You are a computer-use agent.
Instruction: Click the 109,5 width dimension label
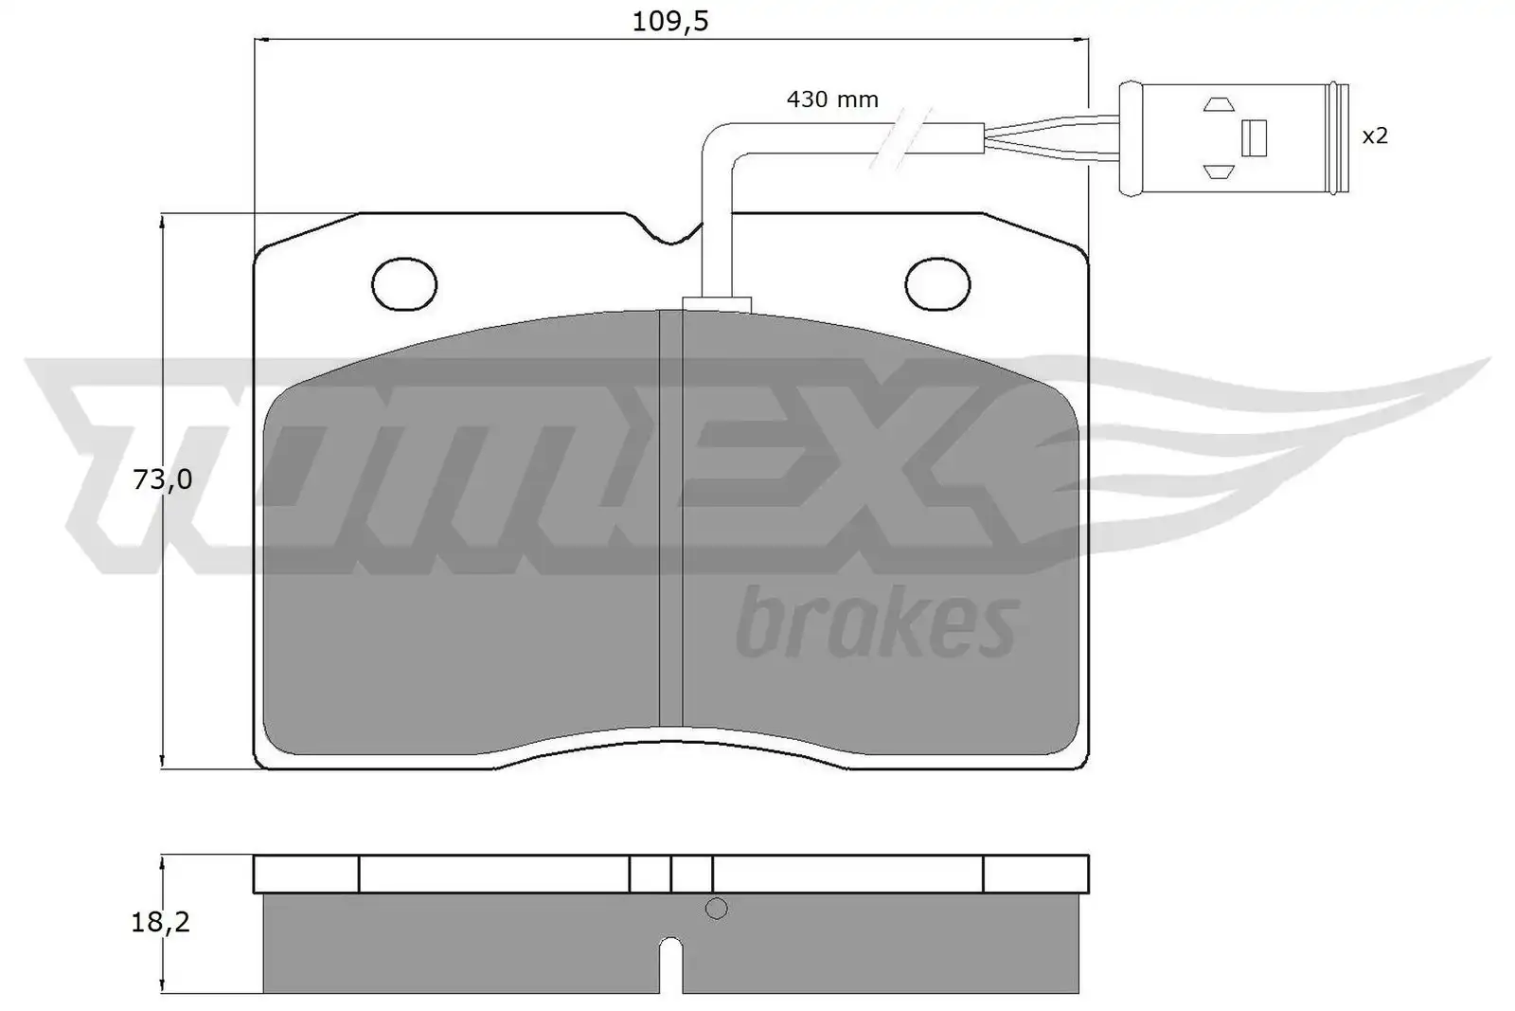point(669,23)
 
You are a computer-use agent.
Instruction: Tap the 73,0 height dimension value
point(162,479)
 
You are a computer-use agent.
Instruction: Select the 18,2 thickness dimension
point(160,922)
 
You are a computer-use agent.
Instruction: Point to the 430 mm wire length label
point(832,100)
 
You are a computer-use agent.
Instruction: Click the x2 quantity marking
point(1374,136)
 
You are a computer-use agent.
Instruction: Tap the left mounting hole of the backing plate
point(404,284)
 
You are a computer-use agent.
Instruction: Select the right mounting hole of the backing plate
point(937,284)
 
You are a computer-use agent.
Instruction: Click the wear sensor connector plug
point(1234,138)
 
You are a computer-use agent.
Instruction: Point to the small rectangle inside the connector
point(1254,138)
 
